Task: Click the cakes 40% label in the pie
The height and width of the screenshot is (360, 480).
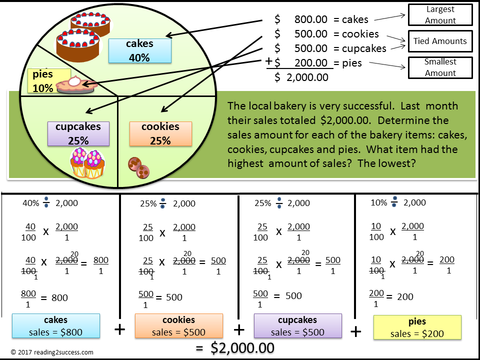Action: [139, 50]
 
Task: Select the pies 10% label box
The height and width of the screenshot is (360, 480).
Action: [42, 81]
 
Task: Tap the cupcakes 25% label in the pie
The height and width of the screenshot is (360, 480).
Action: [78, 133]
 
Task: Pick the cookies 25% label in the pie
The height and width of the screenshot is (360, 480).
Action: [160, 133]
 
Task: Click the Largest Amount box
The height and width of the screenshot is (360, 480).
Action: [440, 15]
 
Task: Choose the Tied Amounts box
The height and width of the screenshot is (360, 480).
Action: [440, 41]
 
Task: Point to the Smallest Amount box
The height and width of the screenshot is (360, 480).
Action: [440, 67]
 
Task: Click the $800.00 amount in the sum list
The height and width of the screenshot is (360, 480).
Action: [310, 19]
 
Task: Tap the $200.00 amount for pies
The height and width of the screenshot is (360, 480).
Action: [310, 63]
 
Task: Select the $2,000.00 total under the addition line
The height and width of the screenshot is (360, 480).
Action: [307, 77]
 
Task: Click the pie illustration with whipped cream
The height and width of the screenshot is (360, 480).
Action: [76, 85]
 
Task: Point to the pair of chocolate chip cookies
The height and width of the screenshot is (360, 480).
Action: [138, 167]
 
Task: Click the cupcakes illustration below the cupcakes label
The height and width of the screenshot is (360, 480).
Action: [86, 163]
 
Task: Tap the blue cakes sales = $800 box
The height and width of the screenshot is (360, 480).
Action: [56, 326]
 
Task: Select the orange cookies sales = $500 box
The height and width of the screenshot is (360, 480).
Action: [178, 326]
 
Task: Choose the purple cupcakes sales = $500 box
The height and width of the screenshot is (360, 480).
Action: [298, 326]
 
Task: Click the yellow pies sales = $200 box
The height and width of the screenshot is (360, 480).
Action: [417, 327]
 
